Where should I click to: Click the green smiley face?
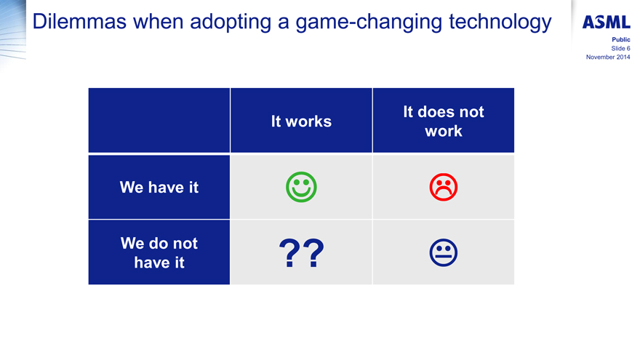[301, 187]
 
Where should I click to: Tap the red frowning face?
[443, 188]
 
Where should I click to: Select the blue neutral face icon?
[443, 252]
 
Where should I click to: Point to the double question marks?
[301, 253]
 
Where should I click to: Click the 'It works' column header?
[301, 121]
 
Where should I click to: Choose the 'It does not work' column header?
[443, 121]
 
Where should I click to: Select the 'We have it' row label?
[159, 188]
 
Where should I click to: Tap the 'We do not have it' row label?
[159, 252]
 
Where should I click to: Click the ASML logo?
[606, 22]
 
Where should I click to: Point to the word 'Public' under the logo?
[621, 39]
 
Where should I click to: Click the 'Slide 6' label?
[620, 48]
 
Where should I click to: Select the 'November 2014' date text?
[608, 57]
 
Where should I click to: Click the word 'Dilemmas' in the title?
[79, 21]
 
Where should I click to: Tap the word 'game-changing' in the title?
[369, 23]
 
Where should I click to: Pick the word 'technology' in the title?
[500, 23]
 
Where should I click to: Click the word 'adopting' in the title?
[231, 23]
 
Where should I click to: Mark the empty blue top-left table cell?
[159, 121]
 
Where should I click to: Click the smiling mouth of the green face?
[301, 193]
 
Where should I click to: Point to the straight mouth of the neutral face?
[443, 257]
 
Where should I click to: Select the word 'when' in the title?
[159, 21]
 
